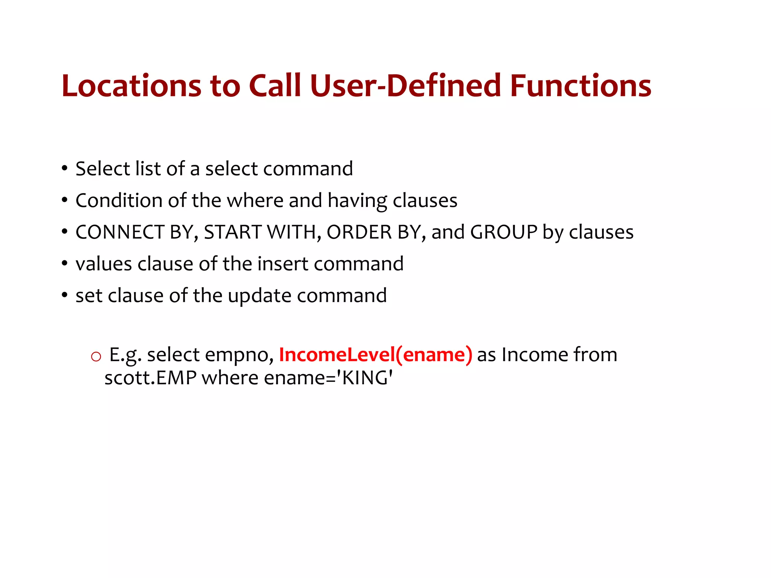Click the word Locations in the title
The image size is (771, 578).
point(131,86)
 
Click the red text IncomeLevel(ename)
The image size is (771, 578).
point(375,354)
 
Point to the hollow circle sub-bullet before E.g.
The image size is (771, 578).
point(96,356)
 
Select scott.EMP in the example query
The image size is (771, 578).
point(150,377)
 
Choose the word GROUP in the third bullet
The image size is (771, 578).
point(503,232)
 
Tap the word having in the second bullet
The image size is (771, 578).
point(357,201)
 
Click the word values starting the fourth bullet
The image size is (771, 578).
point(104,264)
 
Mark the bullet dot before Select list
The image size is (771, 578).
point(65,169)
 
